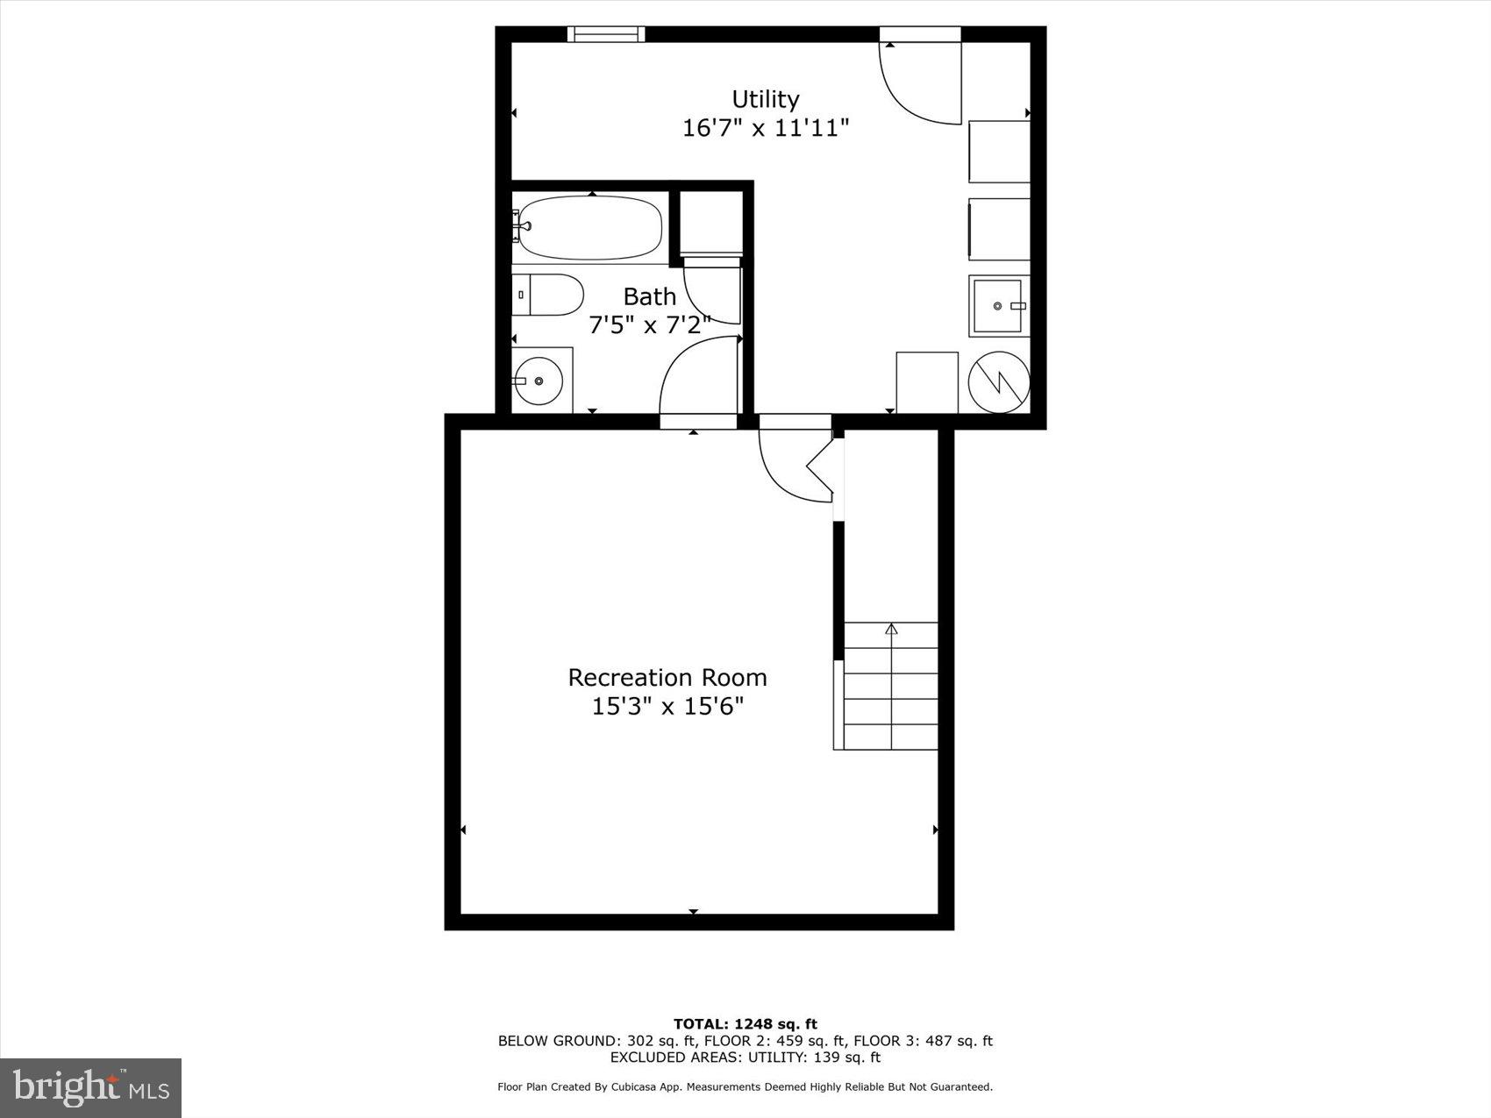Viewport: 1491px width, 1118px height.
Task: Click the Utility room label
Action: pos(766,98)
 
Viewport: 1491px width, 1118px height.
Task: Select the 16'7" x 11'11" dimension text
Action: pos(766,128)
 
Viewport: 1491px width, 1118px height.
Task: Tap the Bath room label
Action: pos(649,296)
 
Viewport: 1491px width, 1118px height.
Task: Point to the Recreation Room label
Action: pos(667,677)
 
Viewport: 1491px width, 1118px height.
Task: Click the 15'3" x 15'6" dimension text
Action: pos(667,706)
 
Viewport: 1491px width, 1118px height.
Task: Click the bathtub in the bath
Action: pos(589,227)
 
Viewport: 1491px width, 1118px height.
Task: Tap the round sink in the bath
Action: pos(539,381)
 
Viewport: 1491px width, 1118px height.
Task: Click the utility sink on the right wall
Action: pos(999,306)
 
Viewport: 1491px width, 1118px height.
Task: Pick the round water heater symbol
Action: pos(999,381)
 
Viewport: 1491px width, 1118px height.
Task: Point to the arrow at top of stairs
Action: pos(892,628)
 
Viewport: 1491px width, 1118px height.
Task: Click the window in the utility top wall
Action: pos(606,34)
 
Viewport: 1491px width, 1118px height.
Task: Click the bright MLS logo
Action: pos(91,1088)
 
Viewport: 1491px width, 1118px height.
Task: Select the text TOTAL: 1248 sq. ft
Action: pos(745,1023)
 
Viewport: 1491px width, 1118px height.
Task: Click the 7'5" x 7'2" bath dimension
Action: pos(649,325)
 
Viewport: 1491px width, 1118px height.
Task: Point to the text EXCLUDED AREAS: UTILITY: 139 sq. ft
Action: pos(745,1057)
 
